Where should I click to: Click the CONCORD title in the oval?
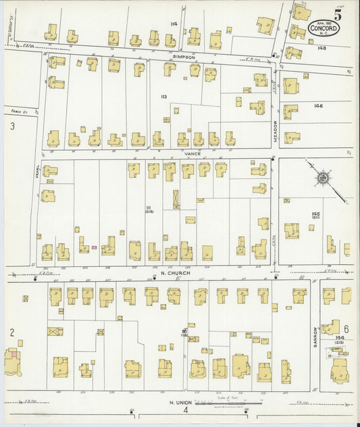pos(323,29)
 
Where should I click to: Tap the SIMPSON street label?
pos(183,57)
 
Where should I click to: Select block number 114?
pos(174,24)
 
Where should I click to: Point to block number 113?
pos(163,97)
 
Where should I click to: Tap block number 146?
pos(319,107)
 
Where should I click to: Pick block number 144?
pos(339,336)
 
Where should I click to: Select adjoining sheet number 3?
pos(12,126)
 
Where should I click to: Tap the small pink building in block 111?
pos(94,248)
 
